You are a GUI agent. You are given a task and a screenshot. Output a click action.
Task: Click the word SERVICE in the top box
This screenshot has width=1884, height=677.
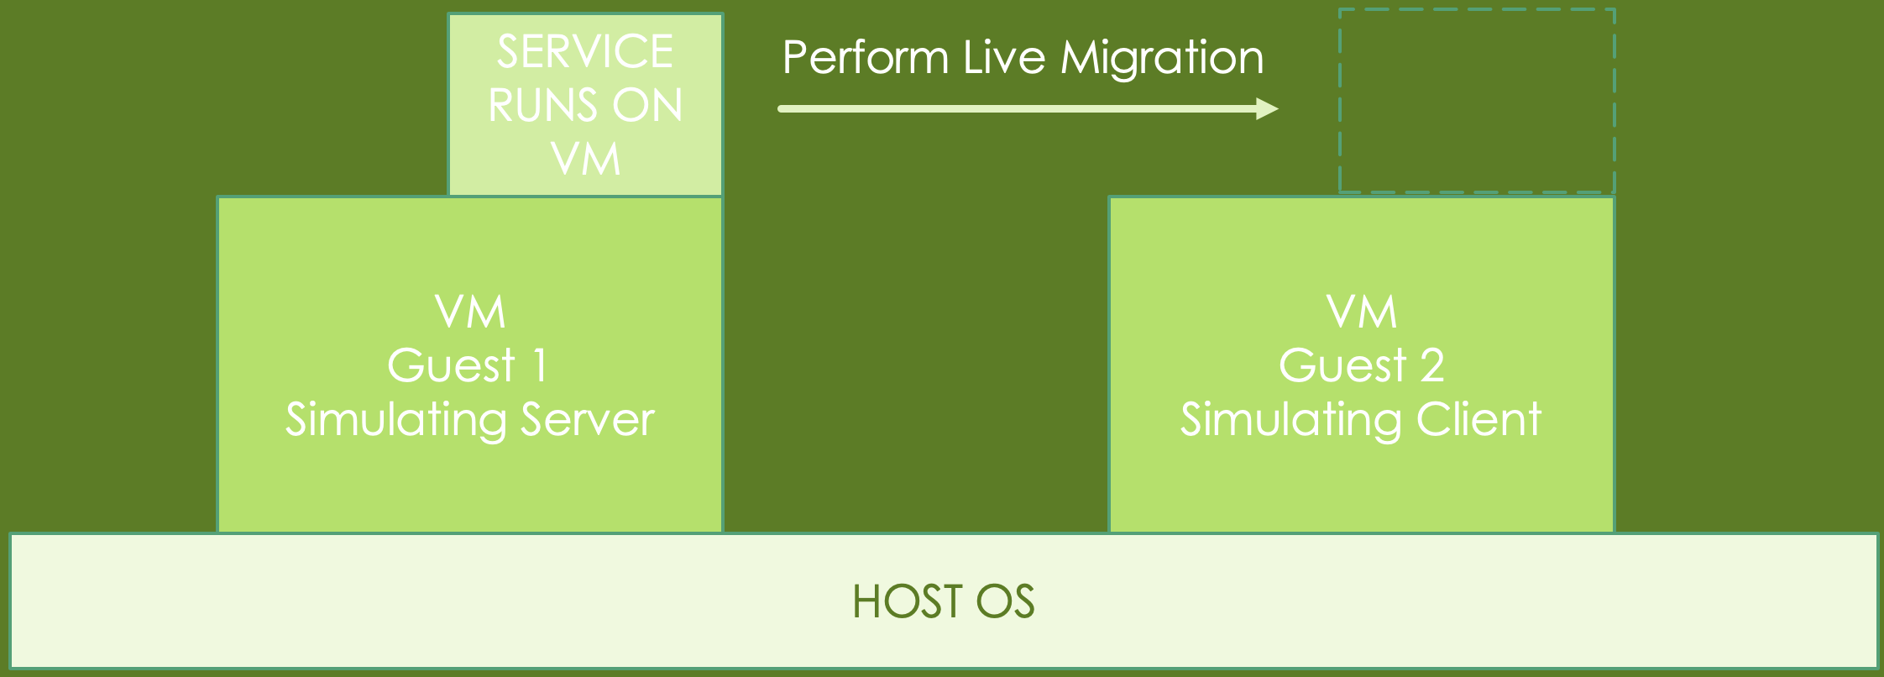585,52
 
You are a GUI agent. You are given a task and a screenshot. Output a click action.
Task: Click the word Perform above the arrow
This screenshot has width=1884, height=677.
866,59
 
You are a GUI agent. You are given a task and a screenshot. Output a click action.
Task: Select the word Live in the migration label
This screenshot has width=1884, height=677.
1004,58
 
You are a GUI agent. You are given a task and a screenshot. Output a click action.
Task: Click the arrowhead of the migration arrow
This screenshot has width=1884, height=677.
1268,108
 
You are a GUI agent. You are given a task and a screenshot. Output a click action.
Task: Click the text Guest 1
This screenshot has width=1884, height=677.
468,365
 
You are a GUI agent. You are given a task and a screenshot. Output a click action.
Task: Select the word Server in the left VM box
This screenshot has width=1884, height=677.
588,419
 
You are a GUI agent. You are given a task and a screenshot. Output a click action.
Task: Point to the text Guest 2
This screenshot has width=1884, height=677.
1361,365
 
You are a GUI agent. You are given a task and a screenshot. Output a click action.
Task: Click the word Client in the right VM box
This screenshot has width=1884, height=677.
1479,419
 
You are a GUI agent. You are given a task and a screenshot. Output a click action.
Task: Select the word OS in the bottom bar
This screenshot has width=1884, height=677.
1006,601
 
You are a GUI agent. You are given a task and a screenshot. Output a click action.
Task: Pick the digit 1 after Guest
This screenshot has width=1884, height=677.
540,365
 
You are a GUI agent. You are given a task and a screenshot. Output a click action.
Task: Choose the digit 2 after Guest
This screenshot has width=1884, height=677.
1431,365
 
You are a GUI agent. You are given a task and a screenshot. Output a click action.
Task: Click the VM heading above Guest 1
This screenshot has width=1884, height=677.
470,312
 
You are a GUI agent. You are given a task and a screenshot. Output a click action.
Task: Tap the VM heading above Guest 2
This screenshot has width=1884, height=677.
1362,312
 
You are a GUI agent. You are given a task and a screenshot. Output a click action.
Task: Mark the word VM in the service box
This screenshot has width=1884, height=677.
585,158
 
